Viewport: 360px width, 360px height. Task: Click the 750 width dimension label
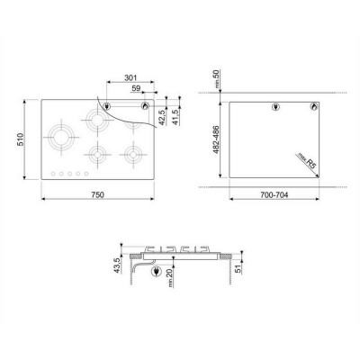click(97, 194)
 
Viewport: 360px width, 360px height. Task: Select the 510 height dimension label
click(20, 139)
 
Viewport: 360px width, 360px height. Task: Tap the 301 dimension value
click(130, 77)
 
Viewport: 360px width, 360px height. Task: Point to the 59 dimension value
click(136, 88)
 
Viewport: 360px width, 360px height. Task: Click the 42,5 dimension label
click(162, 117)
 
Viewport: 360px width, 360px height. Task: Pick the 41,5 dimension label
click(175, 117)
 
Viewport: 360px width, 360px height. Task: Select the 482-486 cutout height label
click(216, 139)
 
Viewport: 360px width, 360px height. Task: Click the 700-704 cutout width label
click(274, 195)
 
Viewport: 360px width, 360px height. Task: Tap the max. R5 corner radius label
click(307, 161)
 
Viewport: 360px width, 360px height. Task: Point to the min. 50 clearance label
click(217, 78)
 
